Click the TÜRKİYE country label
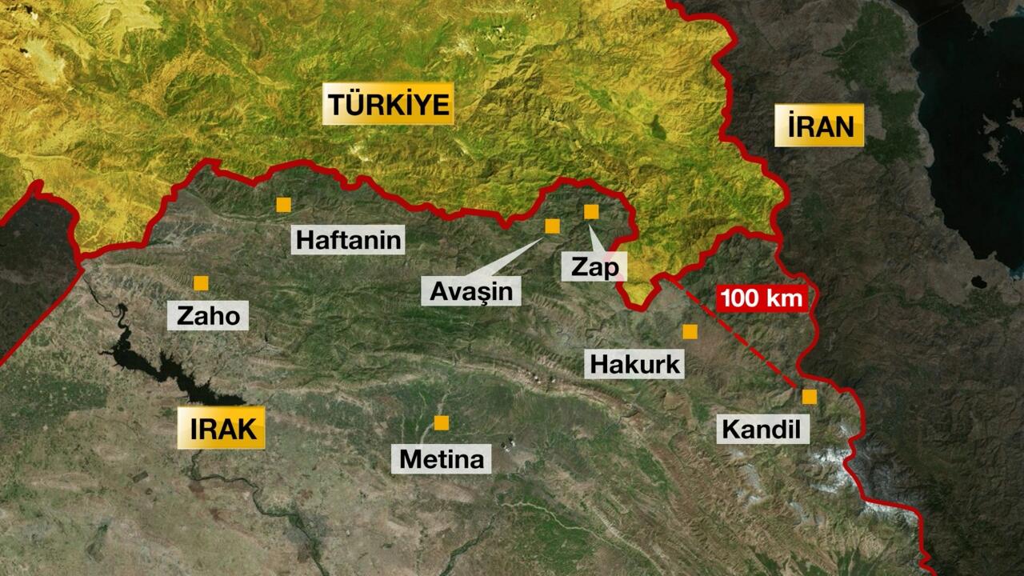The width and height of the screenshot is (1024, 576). tap(388, 104)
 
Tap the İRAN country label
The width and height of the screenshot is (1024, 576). tap(819, 126)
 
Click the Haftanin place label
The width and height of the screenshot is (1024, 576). tap(348, 240)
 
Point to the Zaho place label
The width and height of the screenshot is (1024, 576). tap(208, 315)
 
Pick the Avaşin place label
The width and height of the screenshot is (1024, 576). tap(471, 291)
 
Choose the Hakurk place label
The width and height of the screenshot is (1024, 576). tap(635, 364)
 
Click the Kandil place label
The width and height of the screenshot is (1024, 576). tap(761, 430)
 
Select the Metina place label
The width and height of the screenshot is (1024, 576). tap(442, 459)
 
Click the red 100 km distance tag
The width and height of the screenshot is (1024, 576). tap(762, 299)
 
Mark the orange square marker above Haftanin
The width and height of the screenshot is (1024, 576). tap(283, 205)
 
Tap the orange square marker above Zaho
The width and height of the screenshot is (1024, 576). tap(201, 283)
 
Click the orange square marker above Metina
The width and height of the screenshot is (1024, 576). tap(441, 422)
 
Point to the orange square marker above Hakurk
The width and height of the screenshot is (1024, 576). tap(690, 331)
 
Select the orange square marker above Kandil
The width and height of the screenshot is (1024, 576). tap(810, 396)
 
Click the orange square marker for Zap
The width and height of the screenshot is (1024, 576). tap(591, 211)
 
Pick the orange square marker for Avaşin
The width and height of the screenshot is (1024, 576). tap(552, 226)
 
